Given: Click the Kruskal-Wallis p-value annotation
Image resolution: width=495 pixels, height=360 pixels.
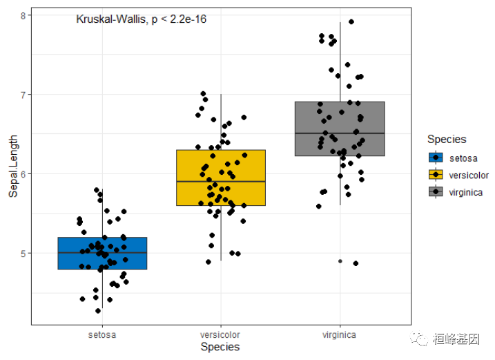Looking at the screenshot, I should [x=141, y=19].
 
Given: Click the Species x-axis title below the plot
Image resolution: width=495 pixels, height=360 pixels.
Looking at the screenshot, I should [x=220, y=347].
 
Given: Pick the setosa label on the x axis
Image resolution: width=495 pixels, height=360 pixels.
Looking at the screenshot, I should [x=102, y=334].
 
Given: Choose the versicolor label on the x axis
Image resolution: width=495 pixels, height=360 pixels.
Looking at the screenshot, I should [x=220, y=334].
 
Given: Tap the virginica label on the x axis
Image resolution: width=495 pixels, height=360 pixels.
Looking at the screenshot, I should [x=339, y=334].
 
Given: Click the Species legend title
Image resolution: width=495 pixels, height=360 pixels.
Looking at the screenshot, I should [x=446, y=140].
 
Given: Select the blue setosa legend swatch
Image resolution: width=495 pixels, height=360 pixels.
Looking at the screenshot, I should [x=436, y=158].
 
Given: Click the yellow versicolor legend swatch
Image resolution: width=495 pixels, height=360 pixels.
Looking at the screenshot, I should [x=436, y=175].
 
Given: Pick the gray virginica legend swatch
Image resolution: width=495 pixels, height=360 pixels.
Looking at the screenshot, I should [x=436, y=191].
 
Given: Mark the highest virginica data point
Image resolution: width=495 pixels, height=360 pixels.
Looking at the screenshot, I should [x=351, y=22].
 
